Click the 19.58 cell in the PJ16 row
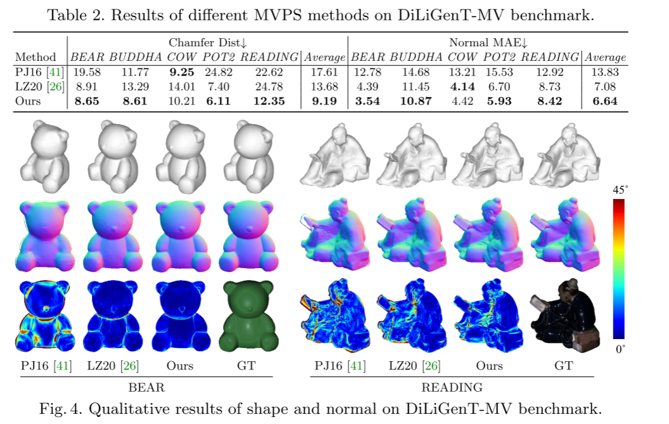[x=87, y=72]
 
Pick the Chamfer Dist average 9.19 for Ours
[x=325, y=101]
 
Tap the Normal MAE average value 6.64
[x=605, y=101]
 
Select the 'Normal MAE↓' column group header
[x=488, y=42]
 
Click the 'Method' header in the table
[x=35, y=57]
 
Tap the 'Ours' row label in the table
[x=28, y=101]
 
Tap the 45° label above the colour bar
[x=620, y=190]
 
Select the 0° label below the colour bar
[x=620, y=349]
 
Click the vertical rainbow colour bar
[x=619, y=269]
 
